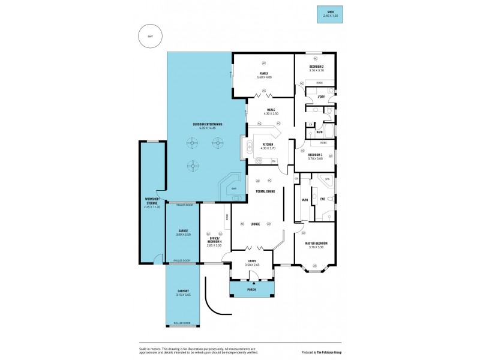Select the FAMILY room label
264,73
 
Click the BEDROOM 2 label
316,66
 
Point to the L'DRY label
321,97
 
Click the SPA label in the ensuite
327,179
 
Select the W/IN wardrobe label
304,200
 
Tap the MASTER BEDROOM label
316,243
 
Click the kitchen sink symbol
247,146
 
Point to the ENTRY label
253,261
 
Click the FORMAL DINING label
265,191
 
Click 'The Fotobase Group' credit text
334,352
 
